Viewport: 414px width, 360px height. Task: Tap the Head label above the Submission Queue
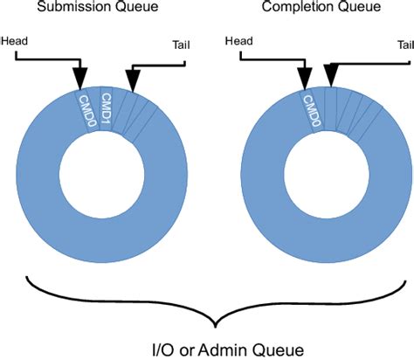tap(17, 40)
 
